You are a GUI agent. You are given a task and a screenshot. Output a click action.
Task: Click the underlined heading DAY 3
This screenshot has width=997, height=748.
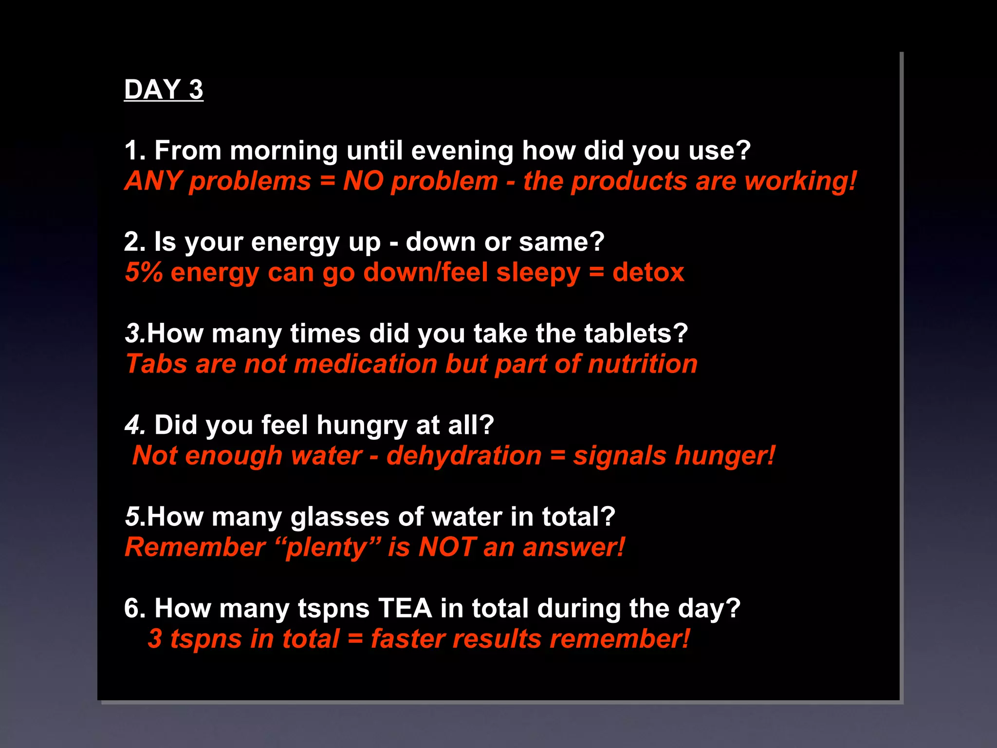[x=164, y=90]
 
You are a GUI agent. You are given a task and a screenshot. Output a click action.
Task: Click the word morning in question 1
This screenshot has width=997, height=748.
[x=283, y=150]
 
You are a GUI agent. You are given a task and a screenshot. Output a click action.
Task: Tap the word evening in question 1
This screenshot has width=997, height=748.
[x=462, y=150]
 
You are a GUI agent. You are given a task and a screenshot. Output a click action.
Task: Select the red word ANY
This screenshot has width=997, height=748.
[x=153, y=181]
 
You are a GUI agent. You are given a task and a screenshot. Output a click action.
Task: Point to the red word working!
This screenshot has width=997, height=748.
[x=801, y=181]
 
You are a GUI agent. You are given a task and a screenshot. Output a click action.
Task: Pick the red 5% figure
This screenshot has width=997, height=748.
[x=144, y=272]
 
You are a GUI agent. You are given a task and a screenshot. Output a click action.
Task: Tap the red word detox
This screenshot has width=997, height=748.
[x=648, y=272]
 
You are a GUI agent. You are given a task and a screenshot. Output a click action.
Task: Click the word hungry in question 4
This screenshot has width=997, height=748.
[x=362, y=425]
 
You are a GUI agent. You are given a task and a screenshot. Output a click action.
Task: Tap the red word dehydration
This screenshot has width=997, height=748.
[x=463, y=456]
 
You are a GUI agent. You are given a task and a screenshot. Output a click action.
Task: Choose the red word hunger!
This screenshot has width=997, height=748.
[x=725, y=456]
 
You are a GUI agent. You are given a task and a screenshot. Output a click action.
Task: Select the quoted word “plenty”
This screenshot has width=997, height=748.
[x=327, y=547]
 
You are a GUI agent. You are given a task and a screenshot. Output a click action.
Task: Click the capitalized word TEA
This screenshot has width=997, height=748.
[x=405, y=608]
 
